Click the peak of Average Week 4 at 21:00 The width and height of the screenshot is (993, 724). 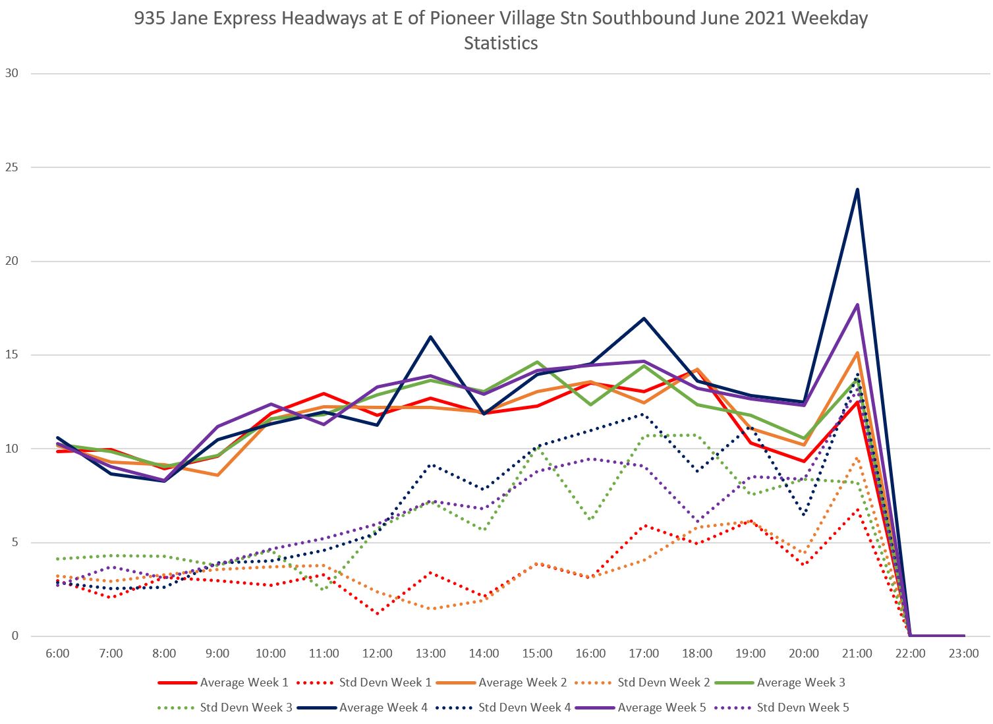[857, 190]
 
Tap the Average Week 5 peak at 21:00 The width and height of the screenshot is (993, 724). [857, 304]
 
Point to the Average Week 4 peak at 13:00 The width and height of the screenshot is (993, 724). [430, 337]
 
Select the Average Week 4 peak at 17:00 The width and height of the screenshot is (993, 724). [644, 318]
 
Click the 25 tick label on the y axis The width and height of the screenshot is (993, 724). [11, 167]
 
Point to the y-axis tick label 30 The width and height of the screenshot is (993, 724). [11, 73]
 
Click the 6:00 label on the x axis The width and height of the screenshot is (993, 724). [57, 654]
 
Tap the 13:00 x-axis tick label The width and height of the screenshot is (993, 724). [430, 654]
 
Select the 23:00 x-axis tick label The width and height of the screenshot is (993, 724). [964, 654]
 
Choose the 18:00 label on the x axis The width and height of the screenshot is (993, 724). [697, 654]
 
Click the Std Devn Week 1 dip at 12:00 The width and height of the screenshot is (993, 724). [378, 613]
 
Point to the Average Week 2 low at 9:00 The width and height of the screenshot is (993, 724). [217, 475]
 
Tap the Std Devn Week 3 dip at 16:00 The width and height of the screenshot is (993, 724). [590, 520]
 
